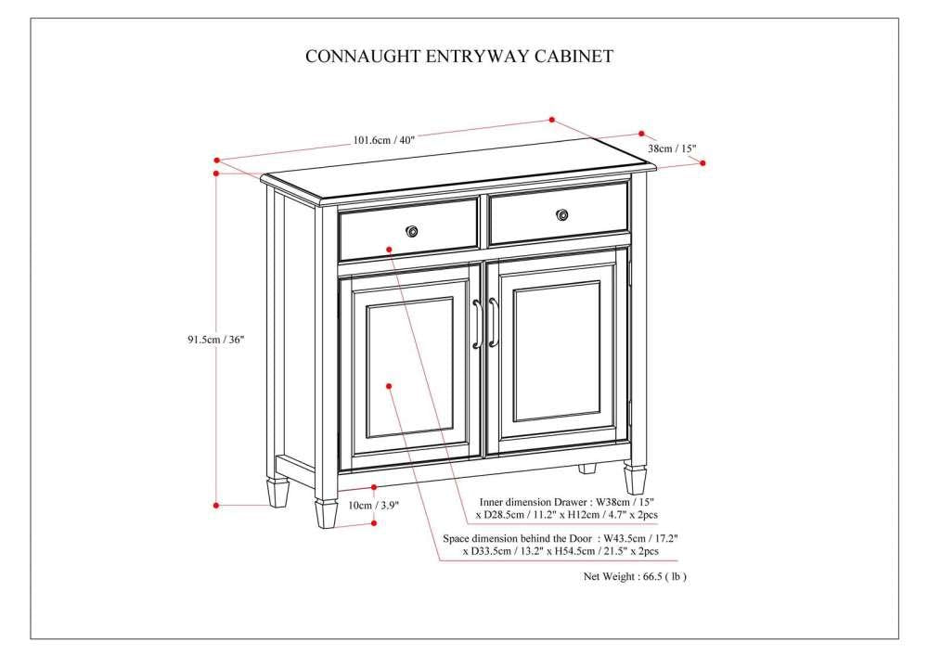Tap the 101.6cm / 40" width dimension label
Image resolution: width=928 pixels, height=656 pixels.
click(x=382, y=140)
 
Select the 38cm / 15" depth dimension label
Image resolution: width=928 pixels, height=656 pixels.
click(x=672, y=148)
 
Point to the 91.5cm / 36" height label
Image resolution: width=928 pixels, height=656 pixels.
click(x=215, y=340)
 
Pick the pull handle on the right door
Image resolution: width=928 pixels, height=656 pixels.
click(x=494, y=323)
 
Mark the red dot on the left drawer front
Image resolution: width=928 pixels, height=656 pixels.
click(x=390, y=249)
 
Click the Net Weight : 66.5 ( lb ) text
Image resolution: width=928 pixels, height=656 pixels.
click(x=635, y=576)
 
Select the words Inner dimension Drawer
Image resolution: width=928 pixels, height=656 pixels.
click(x=521, y=500)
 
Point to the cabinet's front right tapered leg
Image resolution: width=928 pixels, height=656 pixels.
click(x=635, y=478)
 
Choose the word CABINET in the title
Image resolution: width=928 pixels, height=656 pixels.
click(x=574, y=57)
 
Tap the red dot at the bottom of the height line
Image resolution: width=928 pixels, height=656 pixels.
click(x=216, y=505)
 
